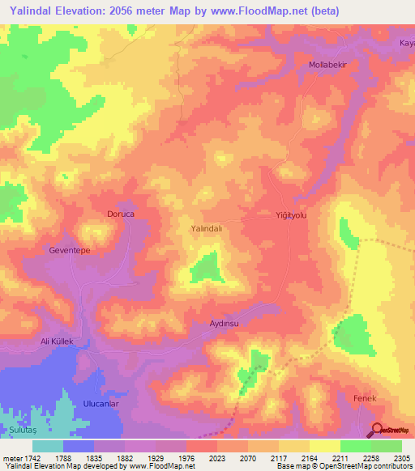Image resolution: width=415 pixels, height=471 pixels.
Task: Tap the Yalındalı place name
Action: click(206, 229)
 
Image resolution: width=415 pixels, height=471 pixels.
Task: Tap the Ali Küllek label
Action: click(58, 342)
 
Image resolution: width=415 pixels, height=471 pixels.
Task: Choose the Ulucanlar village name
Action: click(101, 403)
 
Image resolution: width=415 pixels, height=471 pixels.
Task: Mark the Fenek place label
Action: click(366, 399)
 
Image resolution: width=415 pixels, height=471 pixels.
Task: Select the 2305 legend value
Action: click(402, 457)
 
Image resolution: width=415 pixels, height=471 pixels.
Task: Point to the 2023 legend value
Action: click(217, 457)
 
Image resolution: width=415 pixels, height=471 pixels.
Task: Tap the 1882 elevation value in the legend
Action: click(126, 457)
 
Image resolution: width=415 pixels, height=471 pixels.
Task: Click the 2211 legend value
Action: click(340, 457)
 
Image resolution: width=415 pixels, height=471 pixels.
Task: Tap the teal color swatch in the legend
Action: click(48, 445)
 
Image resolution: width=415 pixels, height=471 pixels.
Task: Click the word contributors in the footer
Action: click(392, 466)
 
